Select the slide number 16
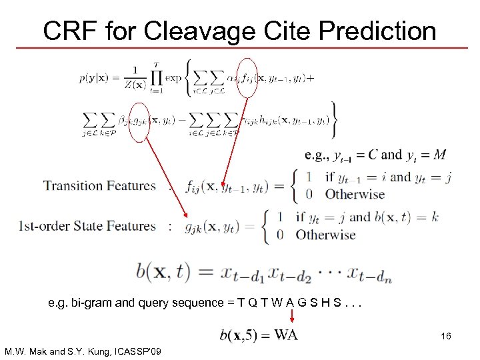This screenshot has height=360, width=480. [445, 337]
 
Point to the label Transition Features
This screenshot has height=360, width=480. [100, 186]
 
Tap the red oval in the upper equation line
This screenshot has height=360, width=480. [247, 79]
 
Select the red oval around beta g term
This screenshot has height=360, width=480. [139, 122]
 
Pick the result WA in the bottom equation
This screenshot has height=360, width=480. [286, 334]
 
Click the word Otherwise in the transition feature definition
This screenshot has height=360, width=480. [355, 195]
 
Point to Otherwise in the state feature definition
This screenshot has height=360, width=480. [325, 235]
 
